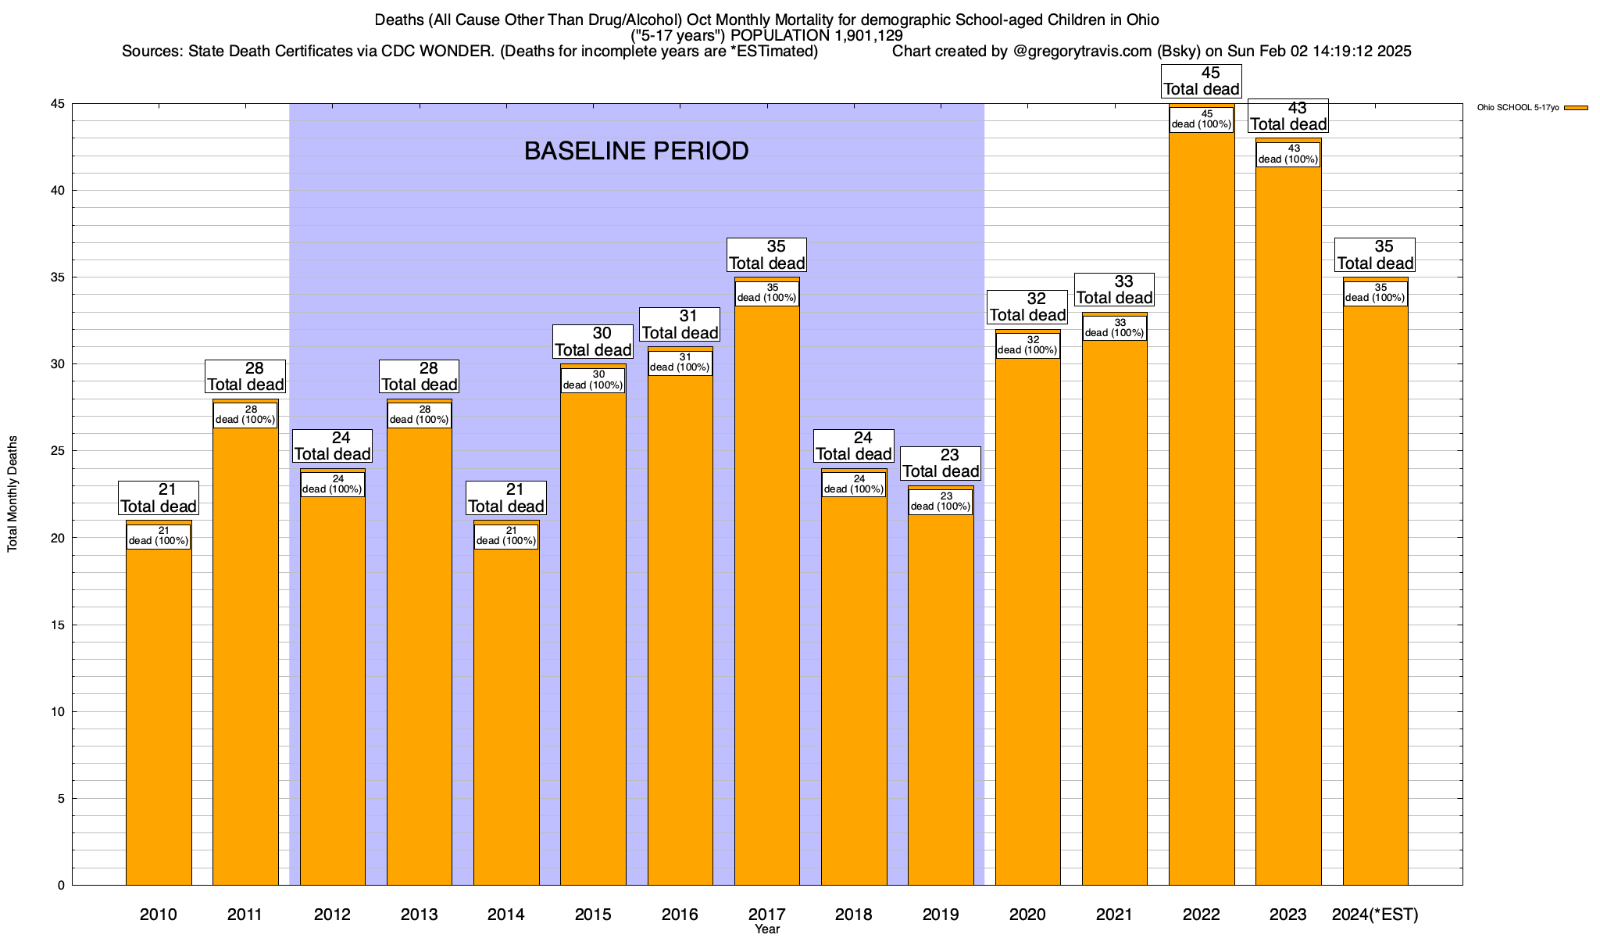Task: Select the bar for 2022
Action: click(1202, 508)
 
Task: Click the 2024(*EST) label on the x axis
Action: click(1375, 914)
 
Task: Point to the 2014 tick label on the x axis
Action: click(506, 914)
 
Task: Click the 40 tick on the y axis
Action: click(58, 191)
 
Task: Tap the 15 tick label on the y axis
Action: click(58, 625)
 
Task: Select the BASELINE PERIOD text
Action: click(636, 151)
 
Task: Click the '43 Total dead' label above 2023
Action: click(1288, 116)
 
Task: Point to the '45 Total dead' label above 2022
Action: click(1202, 81)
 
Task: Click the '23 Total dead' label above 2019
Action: click(941, 463)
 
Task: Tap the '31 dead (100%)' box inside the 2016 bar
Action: click(680, 363)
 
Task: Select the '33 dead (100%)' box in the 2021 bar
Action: click(1115, 328)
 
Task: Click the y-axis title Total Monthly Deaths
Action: click(12, 494)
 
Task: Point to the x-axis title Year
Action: click(767, 929)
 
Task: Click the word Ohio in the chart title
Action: click(1142, 20)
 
